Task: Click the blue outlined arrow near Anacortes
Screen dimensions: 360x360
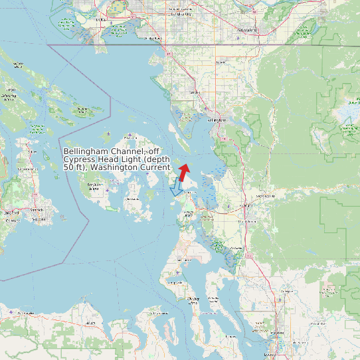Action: [176, 188]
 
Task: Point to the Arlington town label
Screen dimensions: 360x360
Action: [286, 291]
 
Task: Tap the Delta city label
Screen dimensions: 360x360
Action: [101, 20]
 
